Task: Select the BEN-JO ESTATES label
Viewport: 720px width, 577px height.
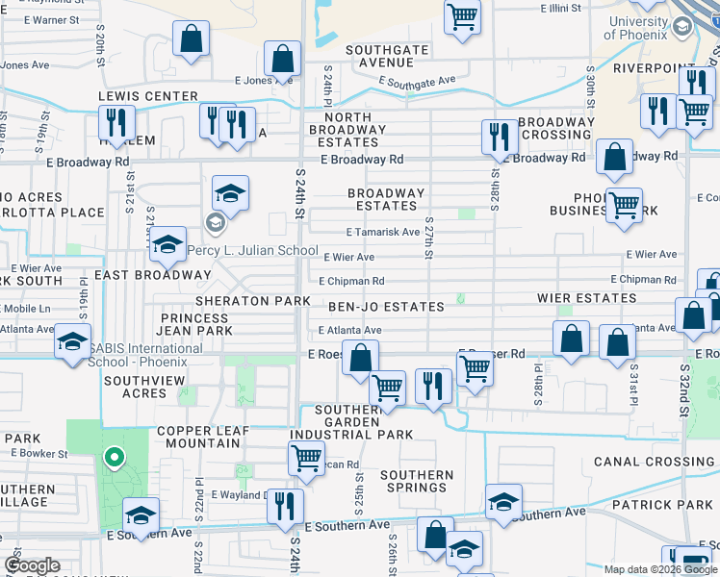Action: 386,307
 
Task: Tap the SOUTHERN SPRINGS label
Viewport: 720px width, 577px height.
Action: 417,481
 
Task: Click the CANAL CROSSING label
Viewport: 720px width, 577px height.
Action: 654,462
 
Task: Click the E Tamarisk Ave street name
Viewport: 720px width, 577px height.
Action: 383,232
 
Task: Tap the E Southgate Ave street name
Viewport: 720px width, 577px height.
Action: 418,82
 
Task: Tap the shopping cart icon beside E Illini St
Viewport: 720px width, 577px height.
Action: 463,15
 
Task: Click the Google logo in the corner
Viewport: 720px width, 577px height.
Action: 33,565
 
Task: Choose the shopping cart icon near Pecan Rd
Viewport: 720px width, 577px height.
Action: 306,457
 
